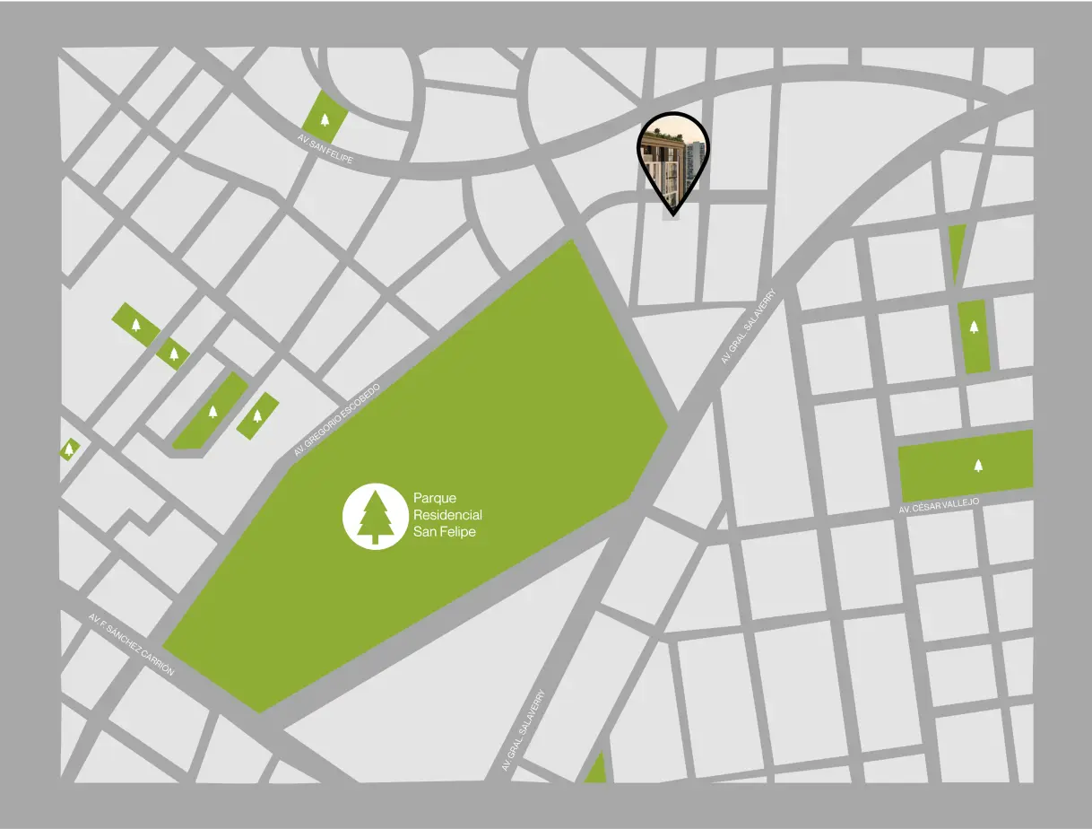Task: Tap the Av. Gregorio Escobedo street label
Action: pyautogui.click(x=337, y=421)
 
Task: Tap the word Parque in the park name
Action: pyautogui.click(x=436, y=497)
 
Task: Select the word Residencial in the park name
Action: pyautogui.click(x=447, y=515)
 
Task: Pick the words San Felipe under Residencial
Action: pyautogui.click(x=445, y=532)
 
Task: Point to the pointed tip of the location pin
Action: pyautogui.click(x=672, y=214)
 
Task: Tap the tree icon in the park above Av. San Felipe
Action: pyautogui.click(x=325, y=118)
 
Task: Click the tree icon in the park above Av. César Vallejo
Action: pyautogui.click(x=977, y=465)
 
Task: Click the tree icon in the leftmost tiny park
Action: pyautogui.click(x=69, y=448)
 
